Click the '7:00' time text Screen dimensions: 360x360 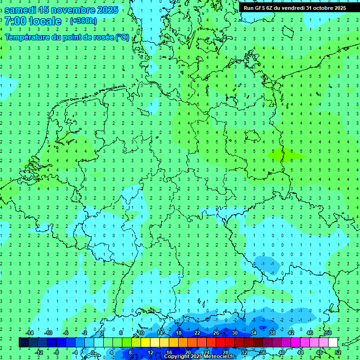(x=15, y=21)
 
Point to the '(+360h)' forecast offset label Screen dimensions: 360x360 (x=83, y=21)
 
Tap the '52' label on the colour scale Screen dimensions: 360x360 (x=338, y=352)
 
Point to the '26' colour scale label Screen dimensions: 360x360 (x=216, y=333)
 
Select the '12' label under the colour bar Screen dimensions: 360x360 (x=150, y=352)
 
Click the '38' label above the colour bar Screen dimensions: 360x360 (x=272, y=333)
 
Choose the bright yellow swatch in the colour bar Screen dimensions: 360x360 (x=146, y=343)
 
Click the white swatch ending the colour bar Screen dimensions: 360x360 (x=333, y=343)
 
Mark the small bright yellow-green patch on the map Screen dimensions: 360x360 (x=277, y=155)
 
